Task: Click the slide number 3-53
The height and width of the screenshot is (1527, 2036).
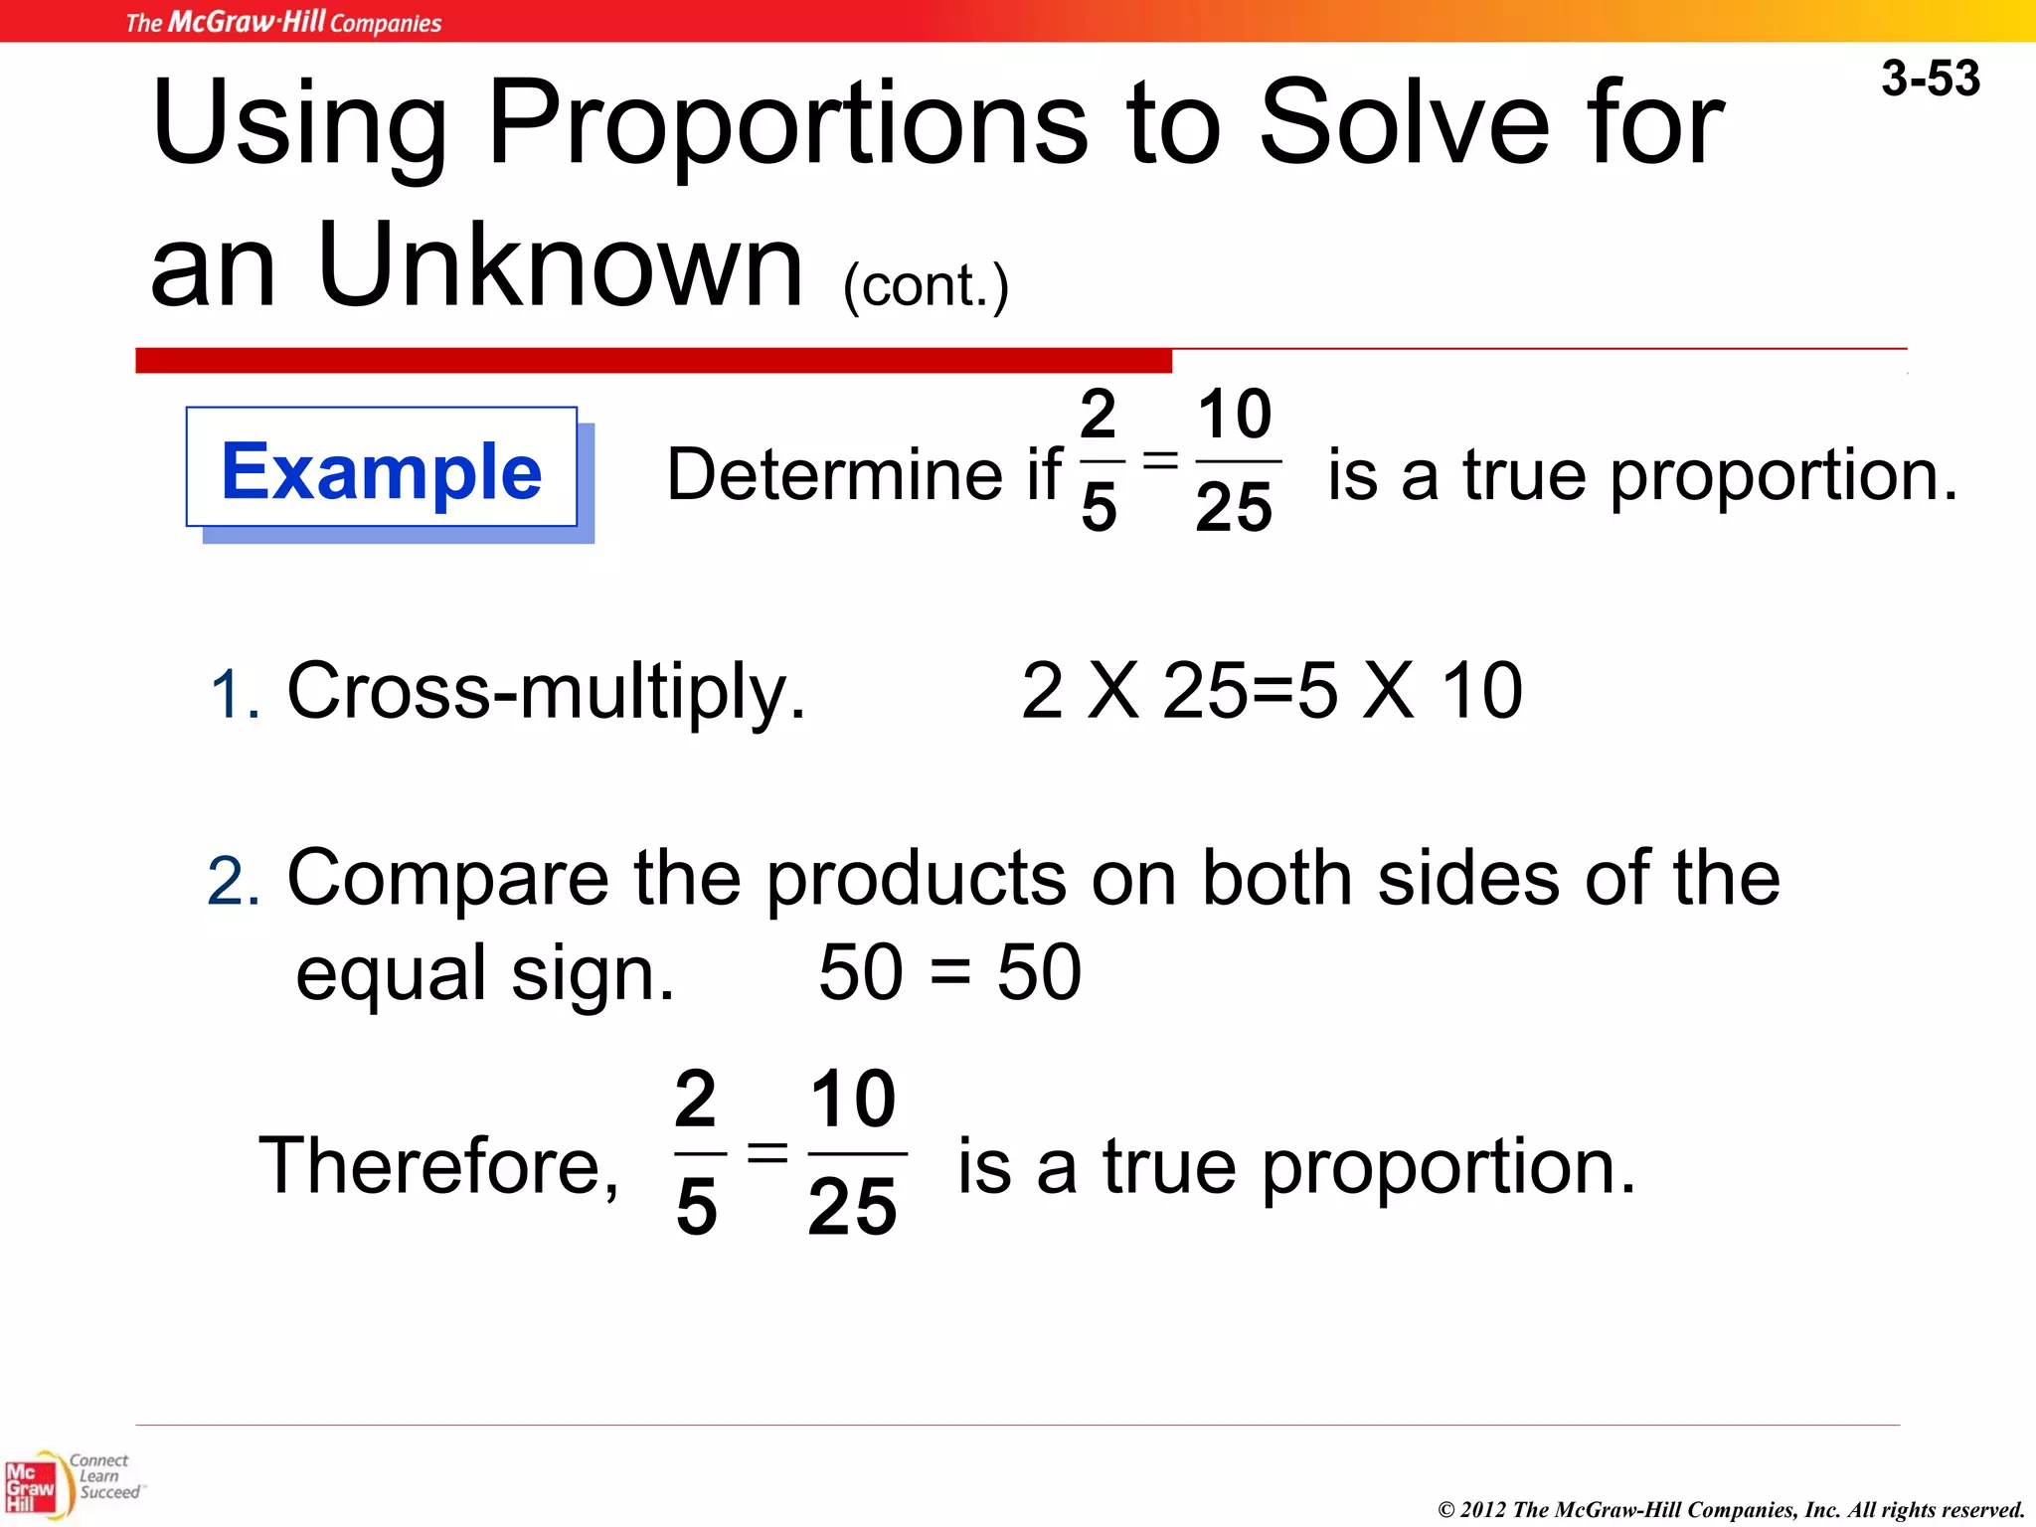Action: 1930,79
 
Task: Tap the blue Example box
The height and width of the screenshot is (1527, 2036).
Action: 382,468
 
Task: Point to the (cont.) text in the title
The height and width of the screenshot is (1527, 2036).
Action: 926,286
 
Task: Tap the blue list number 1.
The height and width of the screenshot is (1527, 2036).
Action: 235,694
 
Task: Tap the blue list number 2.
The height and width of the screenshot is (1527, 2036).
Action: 234,882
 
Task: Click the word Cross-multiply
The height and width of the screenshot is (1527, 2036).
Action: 546,691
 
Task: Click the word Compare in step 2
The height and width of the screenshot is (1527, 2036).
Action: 447,879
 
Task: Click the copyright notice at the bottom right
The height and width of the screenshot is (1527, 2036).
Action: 1731,1510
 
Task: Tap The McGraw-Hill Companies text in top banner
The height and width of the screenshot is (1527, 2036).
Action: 283,22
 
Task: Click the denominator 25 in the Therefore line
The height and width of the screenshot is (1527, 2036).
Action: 852,1207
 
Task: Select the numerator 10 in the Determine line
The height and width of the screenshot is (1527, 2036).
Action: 1234,414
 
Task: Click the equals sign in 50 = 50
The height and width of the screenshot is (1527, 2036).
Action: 950,973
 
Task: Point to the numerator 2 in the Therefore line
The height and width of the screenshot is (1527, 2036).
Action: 695,1099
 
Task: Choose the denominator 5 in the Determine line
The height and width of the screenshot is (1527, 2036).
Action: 1099,507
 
